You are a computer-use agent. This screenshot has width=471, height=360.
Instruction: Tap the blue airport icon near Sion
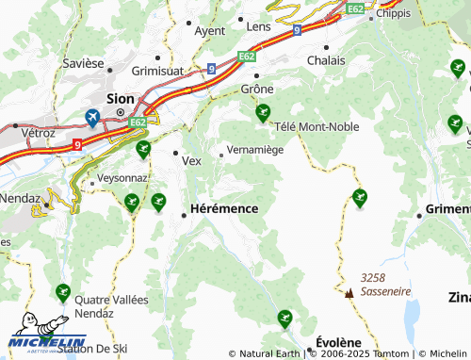coord(92,117)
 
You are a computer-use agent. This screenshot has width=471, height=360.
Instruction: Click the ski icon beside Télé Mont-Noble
coord(262,113)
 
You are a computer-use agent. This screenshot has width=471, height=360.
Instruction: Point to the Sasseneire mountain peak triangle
coord(349,293)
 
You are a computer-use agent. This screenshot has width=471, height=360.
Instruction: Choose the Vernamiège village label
coord(256,151)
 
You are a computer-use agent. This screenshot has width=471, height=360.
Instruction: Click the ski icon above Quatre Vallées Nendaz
coord(63,292)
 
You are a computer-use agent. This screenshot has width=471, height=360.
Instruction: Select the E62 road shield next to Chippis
coord(355,8)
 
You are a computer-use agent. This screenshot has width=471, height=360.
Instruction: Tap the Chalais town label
coord(326,60)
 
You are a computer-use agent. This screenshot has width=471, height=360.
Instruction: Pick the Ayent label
coord(209,30)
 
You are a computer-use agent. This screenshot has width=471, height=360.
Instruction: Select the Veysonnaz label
coord(122,176)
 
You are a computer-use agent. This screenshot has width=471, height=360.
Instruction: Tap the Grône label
coord(257,89)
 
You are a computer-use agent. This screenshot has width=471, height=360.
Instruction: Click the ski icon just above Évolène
coord(284,319)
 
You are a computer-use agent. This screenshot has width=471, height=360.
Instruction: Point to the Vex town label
coord(191,161)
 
